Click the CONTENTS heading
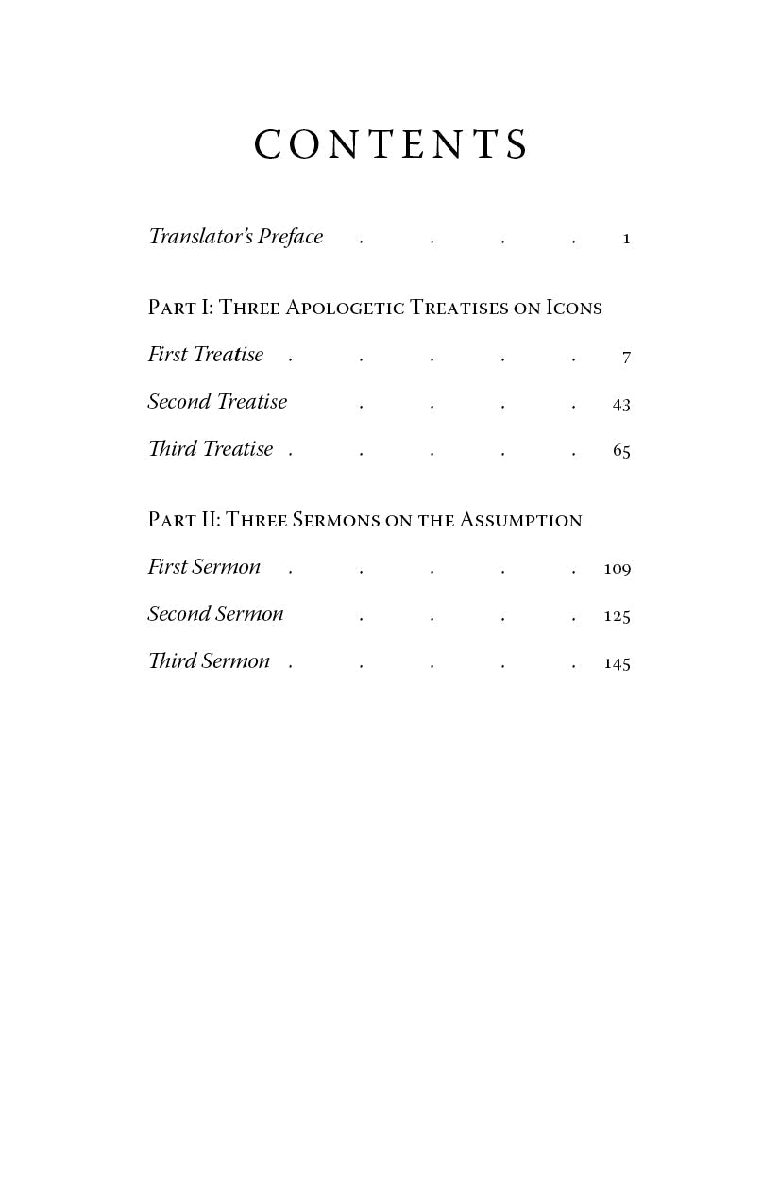390,145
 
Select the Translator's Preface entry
235,237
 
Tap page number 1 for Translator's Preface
626,239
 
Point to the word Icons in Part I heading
574,309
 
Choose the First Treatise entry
206,355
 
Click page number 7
626,357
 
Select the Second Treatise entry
217,402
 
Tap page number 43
621,404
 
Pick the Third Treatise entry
211,449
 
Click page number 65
621,451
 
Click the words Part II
183,521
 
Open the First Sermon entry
204,567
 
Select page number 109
617,569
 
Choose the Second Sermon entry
215,614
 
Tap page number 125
617,616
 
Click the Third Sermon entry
209,661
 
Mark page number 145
617,663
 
